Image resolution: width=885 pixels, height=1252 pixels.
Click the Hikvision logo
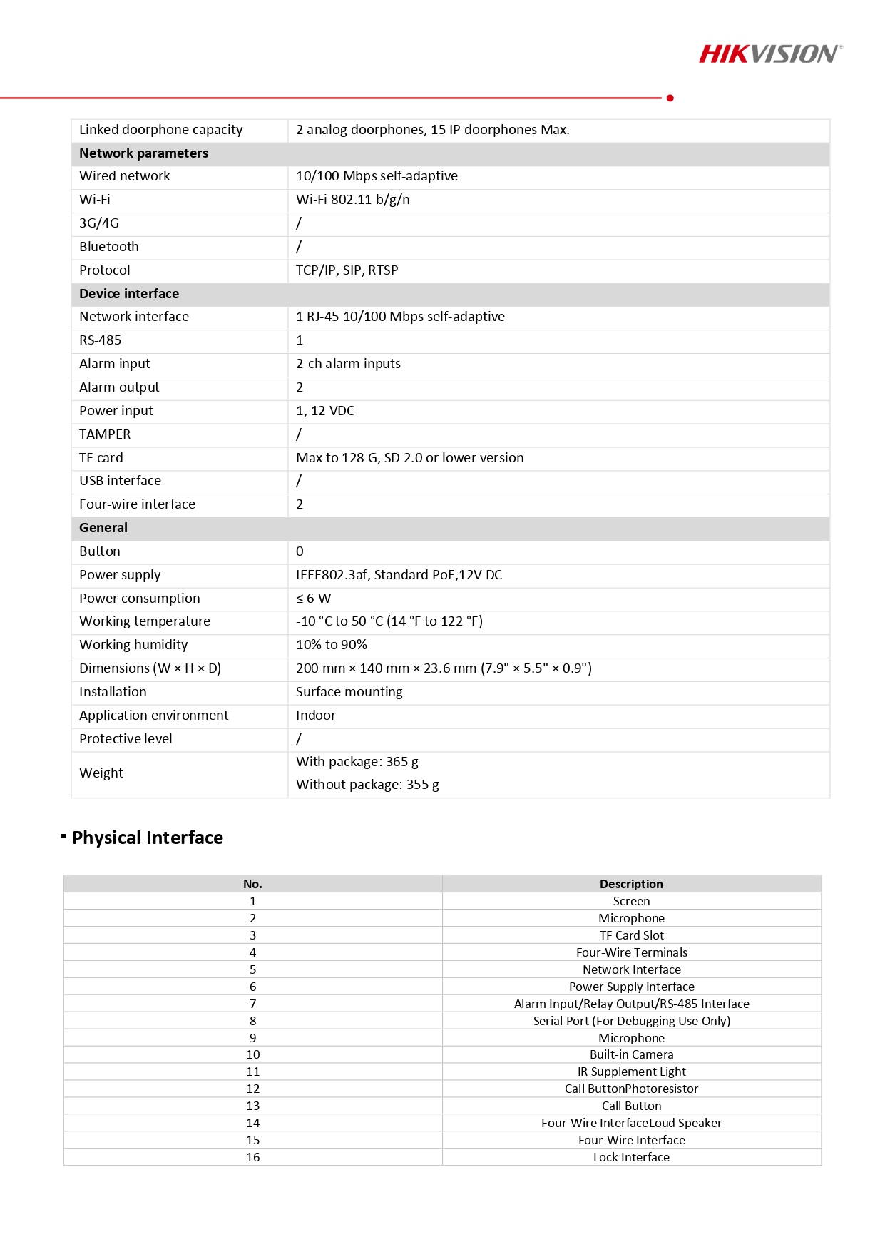click(x=770, y=54)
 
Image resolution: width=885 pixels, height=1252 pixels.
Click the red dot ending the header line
click(x=670, y=98)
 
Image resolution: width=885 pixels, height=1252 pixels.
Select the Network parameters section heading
click(x=143, y=153)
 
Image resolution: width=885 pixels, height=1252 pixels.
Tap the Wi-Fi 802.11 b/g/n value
click(x=353, y=200)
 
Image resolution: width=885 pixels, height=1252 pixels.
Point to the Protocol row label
click(x=105, y=270)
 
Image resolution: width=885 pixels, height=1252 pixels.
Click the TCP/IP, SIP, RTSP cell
click(x=347, y=270)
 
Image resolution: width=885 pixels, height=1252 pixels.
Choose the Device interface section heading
click(x=129, y=294)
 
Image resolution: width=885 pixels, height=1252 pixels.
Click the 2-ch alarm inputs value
click(x=348, y=364)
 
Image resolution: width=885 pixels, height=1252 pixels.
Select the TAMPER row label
click(x=105, y=434)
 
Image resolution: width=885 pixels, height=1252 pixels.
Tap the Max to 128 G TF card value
click(x=409, y=458)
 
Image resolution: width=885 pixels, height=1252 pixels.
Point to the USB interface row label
click(x=120, y=481)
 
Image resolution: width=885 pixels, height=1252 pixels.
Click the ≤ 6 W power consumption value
click(x=313, y=599)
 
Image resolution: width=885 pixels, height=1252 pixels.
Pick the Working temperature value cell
click(x=389, y=621)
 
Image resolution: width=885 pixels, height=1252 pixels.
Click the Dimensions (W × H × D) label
click(x=150, y=668)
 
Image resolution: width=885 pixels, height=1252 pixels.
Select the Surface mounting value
click(x=349, y=692)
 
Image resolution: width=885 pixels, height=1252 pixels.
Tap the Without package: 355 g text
click(x=367, y=785)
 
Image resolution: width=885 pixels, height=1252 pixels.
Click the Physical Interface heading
click(x=148, y=838)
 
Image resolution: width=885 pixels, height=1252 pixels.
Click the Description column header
click(x=631, y=884)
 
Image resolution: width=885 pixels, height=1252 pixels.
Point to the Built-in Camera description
click(x=631, y=1054)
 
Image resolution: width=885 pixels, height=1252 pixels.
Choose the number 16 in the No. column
click(x=252, y=1157)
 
